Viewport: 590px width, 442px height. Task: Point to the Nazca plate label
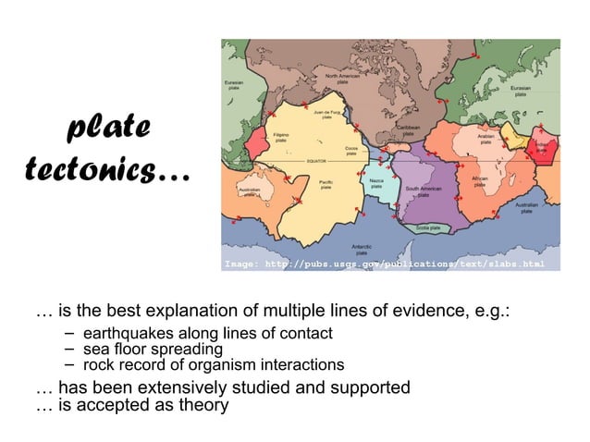click(376, 183)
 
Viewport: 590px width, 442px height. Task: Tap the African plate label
click(480, 181)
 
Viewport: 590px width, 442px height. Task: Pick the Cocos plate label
click(351, 151)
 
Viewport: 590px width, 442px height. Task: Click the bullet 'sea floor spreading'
click(153, 350)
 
